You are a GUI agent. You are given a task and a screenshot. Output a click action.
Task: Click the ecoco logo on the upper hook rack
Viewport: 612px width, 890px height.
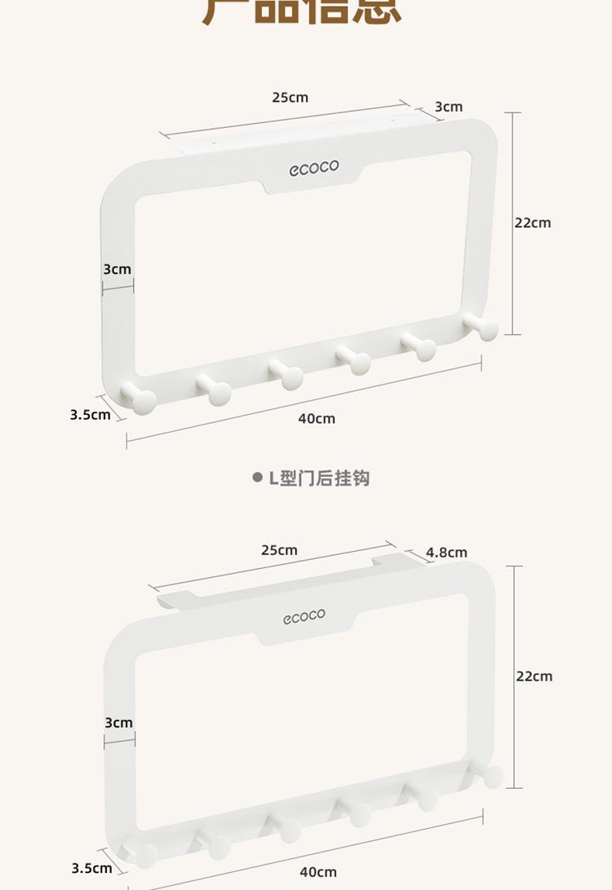(313, 169)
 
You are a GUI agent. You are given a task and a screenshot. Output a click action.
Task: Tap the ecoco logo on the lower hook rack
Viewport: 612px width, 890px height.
(304, 617)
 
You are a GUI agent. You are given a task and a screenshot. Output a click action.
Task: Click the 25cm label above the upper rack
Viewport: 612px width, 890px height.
(290, 98)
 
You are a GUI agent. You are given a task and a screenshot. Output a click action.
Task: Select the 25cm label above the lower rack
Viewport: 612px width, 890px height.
(279, 550)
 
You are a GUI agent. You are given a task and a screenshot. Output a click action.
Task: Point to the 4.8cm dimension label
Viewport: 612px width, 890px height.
(446, 553)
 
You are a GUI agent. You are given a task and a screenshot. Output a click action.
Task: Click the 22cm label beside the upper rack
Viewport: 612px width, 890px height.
(533, 222)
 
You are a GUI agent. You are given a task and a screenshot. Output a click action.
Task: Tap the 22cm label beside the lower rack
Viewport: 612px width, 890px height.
(534, 676)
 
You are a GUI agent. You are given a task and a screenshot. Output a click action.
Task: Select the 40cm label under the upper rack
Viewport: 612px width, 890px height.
(317, 418)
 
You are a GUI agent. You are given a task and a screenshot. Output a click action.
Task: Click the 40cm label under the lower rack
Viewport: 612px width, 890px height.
(318, 872)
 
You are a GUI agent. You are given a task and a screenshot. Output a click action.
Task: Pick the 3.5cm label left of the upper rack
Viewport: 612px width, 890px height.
(90, 414)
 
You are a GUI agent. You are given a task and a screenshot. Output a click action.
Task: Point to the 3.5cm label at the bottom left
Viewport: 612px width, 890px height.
(91, 868)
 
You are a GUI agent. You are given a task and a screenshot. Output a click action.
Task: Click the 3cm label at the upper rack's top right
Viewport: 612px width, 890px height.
(448, 107)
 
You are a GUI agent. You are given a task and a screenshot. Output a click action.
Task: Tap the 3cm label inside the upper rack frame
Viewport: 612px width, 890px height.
(117, 269)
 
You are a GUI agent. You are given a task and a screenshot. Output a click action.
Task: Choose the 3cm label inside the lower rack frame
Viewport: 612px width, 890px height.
(118, 722)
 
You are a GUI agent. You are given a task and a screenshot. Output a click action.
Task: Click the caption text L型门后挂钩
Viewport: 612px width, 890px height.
(319, 478)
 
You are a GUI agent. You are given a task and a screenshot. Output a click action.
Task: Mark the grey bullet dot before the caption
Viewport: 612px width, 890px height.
(257, 478)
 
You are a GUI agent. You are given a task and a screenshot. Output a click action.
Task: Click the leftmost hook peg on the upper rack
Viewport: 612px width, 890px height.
(140, 399)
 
